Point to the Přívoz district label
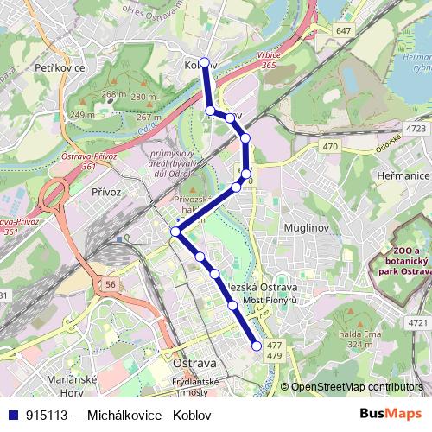106,191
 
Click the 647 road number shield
344,30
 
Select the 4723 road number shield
416,129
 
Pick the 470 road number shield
330,147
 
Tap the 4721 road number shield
417,323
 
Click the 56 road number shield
110,283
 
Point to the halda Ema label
365,334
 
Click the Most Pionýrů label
270,300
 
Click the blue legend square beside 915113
11,415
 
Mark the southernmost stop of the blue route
257,346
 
